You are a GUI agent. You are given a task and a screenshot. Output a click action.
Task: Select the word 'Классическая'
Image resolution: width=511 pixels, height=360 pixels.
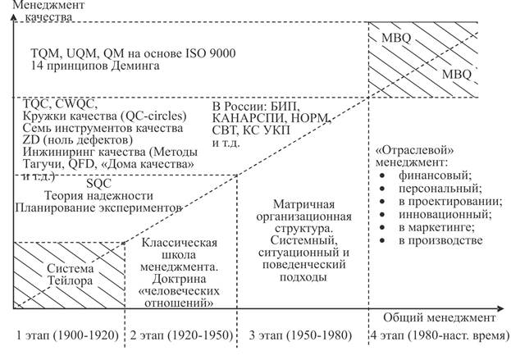coord(180,243)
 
